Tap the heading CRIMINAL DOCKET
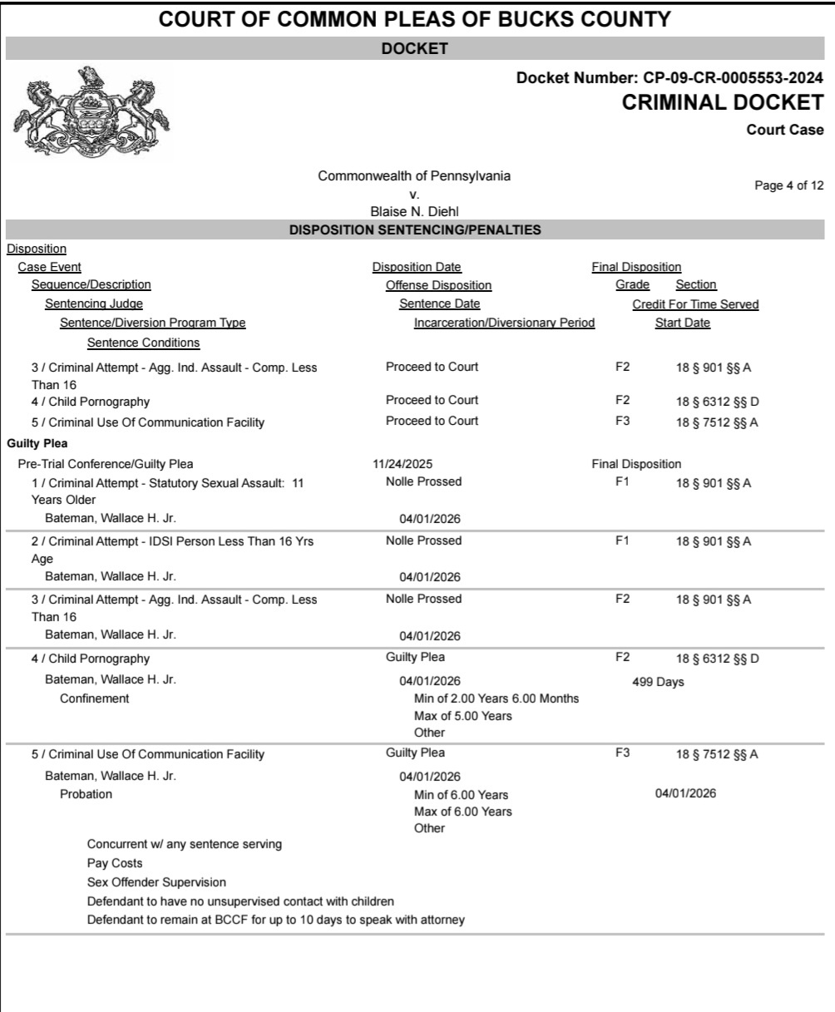point(723,103)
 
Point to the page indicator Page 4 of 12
point(788,185)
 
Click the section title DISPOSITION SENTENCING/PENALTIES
point(415,230)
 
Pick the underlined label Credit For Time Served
point(695,304)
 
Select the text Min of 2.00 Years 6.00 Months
point(497,698)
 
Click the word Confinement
point(95,699)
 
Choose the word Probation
point(86,794)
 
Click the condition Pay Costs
point(114,863)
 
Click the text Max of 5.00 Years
point(462,715)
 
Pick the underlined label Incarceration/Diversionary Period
point(504,323)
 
